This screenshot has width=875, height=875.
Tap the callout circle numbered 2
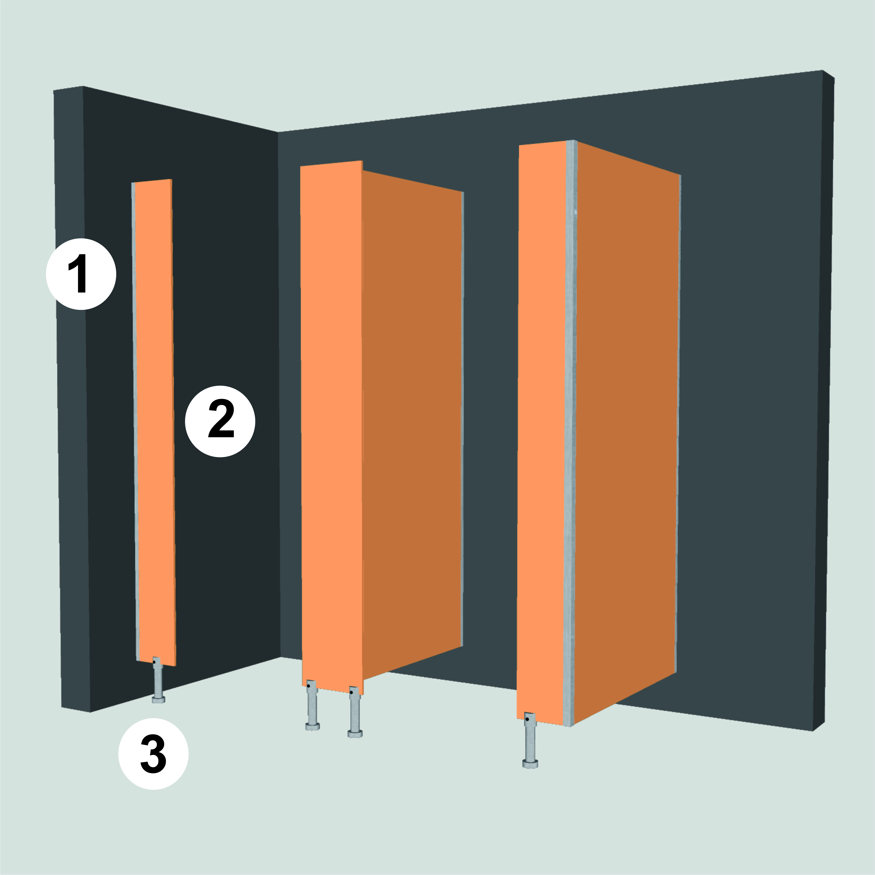pos(220,421)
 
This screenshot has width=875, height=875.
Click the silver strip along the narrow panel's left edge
pos(135,421)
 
